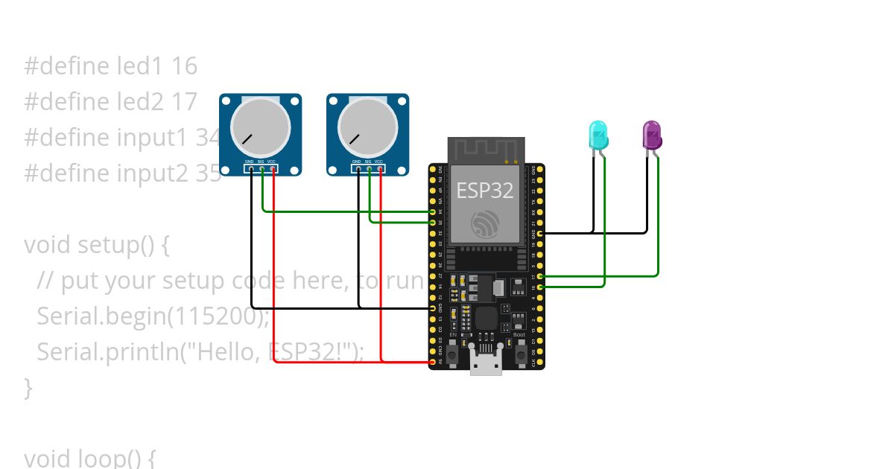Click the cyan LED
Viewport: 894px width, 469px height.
(598, 135)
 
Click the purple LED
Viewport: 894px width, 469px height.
(652, 135)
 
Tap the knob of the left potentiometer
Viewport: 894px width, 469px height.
(260, 127)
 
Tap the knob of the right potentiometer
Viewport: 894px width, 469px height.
(367, 127)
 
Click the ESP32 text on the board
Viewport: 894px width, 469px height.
(484, 191)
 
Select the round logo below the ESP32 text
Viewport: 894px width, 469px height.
(486, 224)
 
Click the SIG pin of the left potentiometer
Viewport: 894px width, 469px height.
(262, 169)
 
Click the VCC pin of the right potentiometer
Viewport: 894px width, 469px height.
(381, 169)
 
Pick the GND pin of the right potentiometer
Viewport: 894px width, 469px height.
(358, 169)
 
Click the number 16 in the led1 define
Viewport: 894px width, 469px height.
(184, 66)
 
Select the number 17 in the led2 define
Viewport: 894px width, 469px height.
(184, 102)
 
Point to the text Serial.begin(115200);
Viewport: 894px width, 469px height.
(153, 316)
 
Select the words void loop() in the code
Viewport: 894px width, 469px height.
(83, 458)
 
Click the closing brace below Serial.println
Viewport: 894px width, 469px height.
(28, 387)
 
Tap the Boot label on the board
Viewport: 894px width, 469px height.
(519, 335)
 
